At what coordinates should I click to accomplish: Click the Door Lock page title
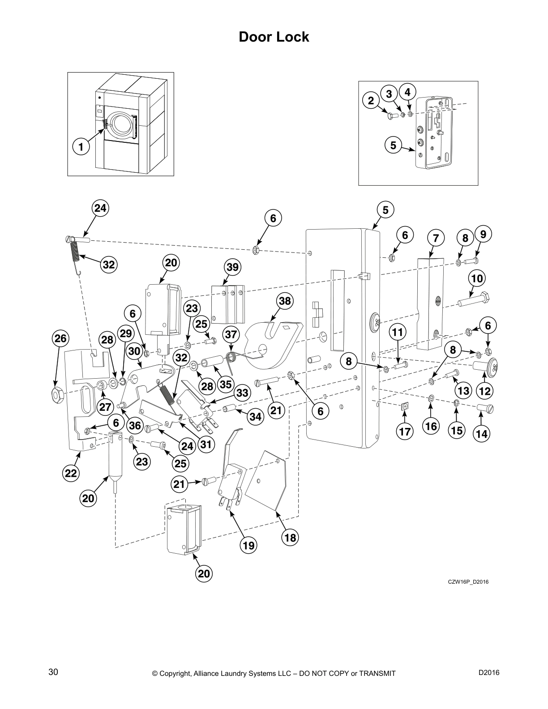[274, 37]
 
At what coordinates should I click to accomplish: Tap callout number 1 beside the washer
[81, 146]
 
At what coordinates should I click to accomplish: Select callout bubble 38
[285, 301]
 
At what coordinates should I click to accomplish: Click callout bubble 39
[233, 267]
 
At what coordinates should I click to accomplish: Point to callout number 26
[60, 339]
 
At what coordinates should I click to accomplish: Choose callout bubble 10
[477, 278]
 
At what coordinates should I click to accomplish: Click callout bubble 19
[248, 545]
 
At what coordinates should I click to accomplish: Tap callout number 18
[290, 537]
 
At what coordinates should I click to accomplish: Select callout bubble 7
[436, 237]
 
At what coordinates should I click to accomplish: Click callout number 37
[231, 334]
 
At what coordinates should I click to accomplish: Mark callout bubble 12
[485, 391]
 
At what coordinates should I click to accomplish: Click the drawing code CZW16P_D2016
[468, 582]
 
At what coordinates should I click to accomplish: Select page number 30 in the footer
[53, 672]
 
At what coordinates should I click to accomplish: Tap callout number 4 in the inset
[407, 92]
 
